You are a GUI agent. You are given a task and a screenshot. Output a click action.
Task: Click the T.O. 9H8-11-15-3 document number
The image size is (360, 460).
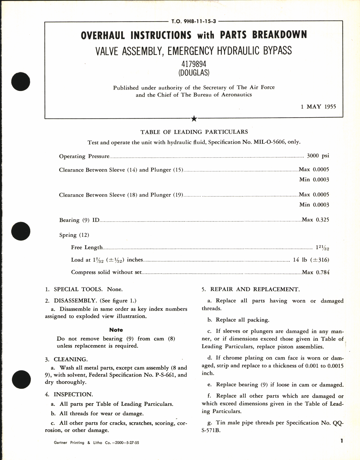click(x=194, y=21)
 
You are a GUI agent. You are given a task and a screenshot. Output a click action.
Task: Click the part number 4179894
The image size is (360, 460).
click(x=194, y=64)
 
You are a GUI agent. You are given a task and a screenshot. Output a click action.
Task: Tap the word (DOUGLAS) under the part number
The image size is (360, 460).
click(x=194, y=73)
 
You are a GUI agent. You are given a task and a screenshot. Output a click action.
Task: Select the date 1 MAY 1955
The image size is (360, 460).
click(x=318, y=107)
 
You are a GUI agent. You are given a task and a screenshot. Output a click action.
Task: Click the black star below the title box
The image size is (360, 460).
click(x=194, y=119)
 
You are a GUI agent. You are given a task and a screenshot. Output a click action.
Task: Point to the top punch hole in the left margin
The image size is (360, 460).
click(x=21, y=82)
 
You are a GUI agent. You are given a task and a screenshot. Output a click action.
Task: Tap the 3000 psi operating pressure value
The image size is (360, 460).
click(x=318, y=156)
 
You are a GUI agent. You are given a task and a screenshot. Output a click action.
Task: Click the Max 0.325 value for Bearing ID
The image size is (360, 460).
click(x=315, y=220)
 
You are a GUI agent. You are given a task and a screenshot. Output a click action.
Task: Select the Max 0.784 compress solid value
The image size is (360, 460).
click(x=315, y=272)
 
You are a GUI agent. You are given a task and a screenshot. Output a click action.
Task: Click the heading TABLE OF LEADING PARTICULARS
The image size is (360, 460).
click(x=194, y=132)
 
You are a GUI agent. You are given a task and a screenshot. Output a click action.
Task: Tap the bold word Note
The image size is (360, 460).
click(x=116, y=330)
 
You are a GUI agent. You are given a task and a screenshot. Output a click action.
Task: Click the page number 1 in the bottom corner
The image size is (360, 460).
click(x=342, y=441)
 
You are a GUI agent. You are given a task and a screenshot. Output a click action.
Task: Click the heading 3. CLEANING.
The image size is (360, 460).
click(x=66, y=359)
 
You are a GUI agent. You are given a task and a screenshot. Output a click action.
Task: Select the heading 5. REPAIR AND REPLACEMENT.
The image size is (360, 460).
click(x=251, y=289)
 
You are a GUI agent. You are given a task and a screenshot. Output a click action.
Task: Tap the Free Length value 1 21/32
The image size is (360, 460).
click(x=322, y=247)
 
